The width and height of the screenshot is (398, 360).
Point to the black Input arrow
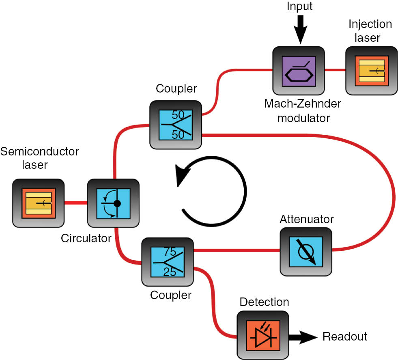pyautogui.click(x=299, y=28)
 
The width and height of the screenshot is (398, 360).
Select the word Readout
pyautogui.click(x=345, y=336)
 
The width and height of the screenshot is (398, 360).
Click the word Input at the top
pyautogui.click(x=299, y=6)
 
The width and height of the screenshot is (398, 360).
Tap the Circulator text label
pyautogui.click(x=86, y=238)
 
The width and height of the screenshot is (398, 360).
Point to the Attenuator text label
pyautogui.click(x=306, y=220)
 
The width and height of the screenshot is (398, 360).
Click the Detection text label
pyautogui.click(x=264, y=302)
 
